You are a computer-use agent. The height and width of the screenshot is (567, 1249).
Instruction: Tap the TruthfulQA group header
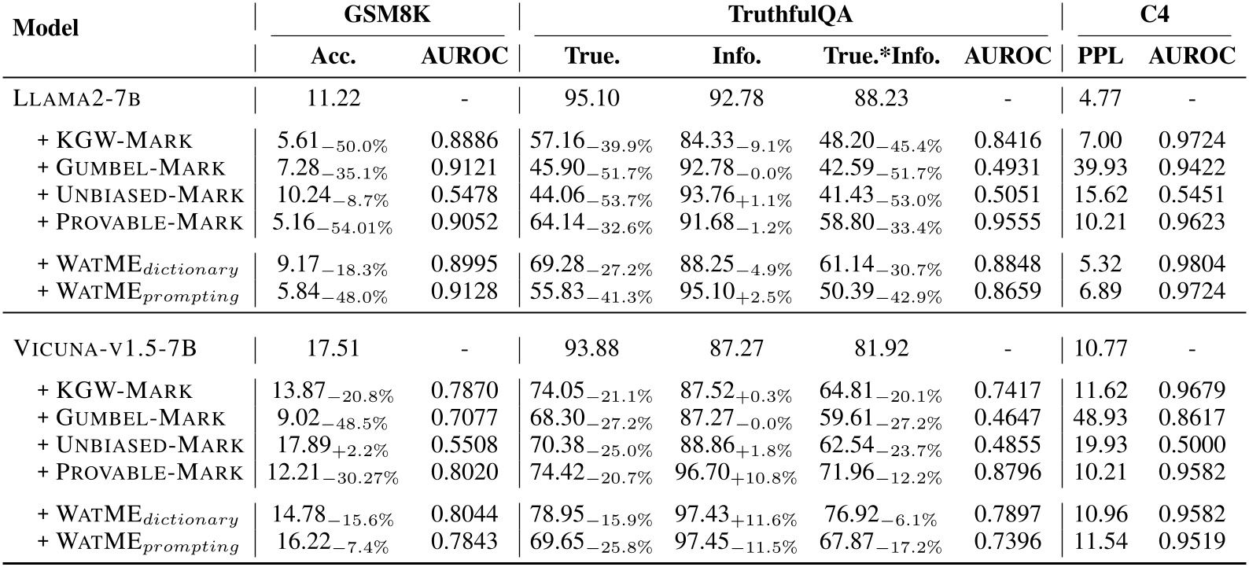790,15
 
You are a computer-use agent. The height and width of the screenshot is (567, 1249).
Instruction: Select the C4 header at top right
1154,15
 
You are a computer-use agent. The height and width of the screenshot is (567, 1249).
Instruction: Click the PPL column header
1101,57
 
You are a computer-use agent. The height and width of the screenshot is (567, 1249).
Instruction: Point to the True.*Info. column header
882,57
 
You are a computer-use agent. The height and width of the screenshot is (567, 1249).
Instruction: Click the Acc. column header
333,57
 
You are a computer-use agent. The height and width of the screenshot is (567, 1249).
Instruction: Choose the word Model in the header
46,28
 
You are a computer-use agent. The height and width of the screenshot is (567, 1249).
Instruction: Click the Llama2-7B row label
77,98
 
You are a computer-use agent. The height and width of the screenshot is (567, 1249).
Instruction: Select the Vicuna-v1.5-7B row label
105,348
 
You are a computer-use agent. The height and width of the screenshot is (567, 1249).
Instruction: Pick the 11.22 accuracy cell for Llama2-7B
334,98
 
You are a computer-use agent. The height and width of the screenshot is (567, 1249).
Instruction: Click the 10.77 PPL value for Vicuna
1101,348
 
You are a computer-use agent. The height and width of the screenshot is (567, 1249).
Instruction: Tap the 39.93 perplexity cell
1101,168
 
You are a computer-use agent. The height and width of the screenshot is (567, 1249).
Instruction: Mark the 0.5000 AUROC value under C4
1191,444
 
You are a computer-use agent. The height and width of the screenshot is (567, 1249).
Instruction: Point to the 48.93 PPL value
1101,418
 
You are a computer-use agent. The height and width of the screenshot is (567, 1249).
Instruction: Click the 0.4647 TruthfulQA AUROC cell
1008,418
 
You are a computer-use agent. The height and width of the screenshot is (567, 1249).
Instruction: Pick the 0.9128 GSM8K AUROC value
464,291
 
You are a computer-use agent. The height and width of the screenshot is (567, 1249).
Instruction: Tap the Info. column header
736,57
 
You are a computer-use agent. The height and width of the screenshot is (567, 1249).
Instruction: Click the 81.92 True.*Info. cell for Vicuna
881,348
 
